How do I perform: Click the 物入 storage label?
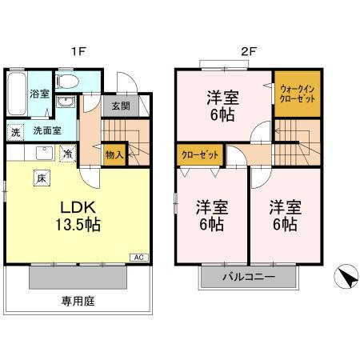click(x=114, y=154)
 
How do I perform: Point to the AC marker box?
click(x=137, y=258)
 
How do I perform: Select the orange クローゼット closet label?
click(x=199, y=154)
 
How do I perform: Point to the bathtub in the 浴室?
click(x=17, y=95)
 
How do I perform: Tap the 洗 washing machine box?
click(x=15, y=132)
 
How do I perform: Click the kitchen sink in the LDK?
click(x=44, y=153)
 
